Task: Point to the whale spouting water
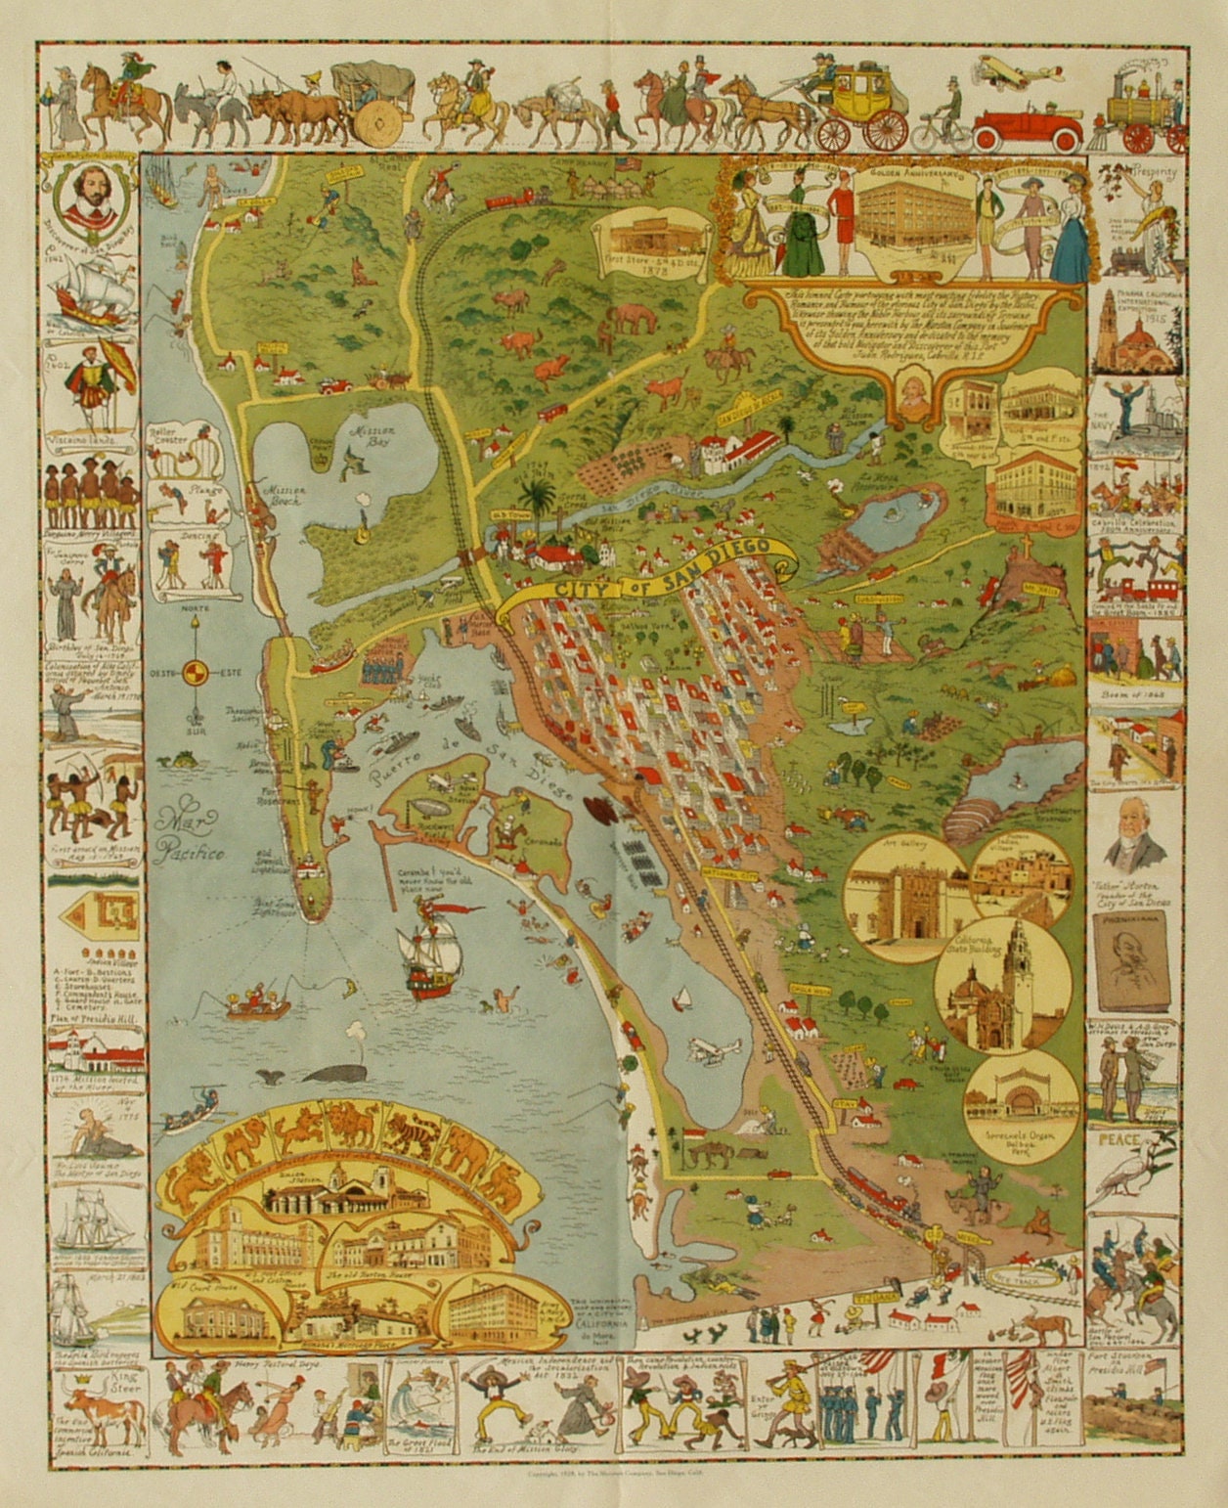click(330, 1072)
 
